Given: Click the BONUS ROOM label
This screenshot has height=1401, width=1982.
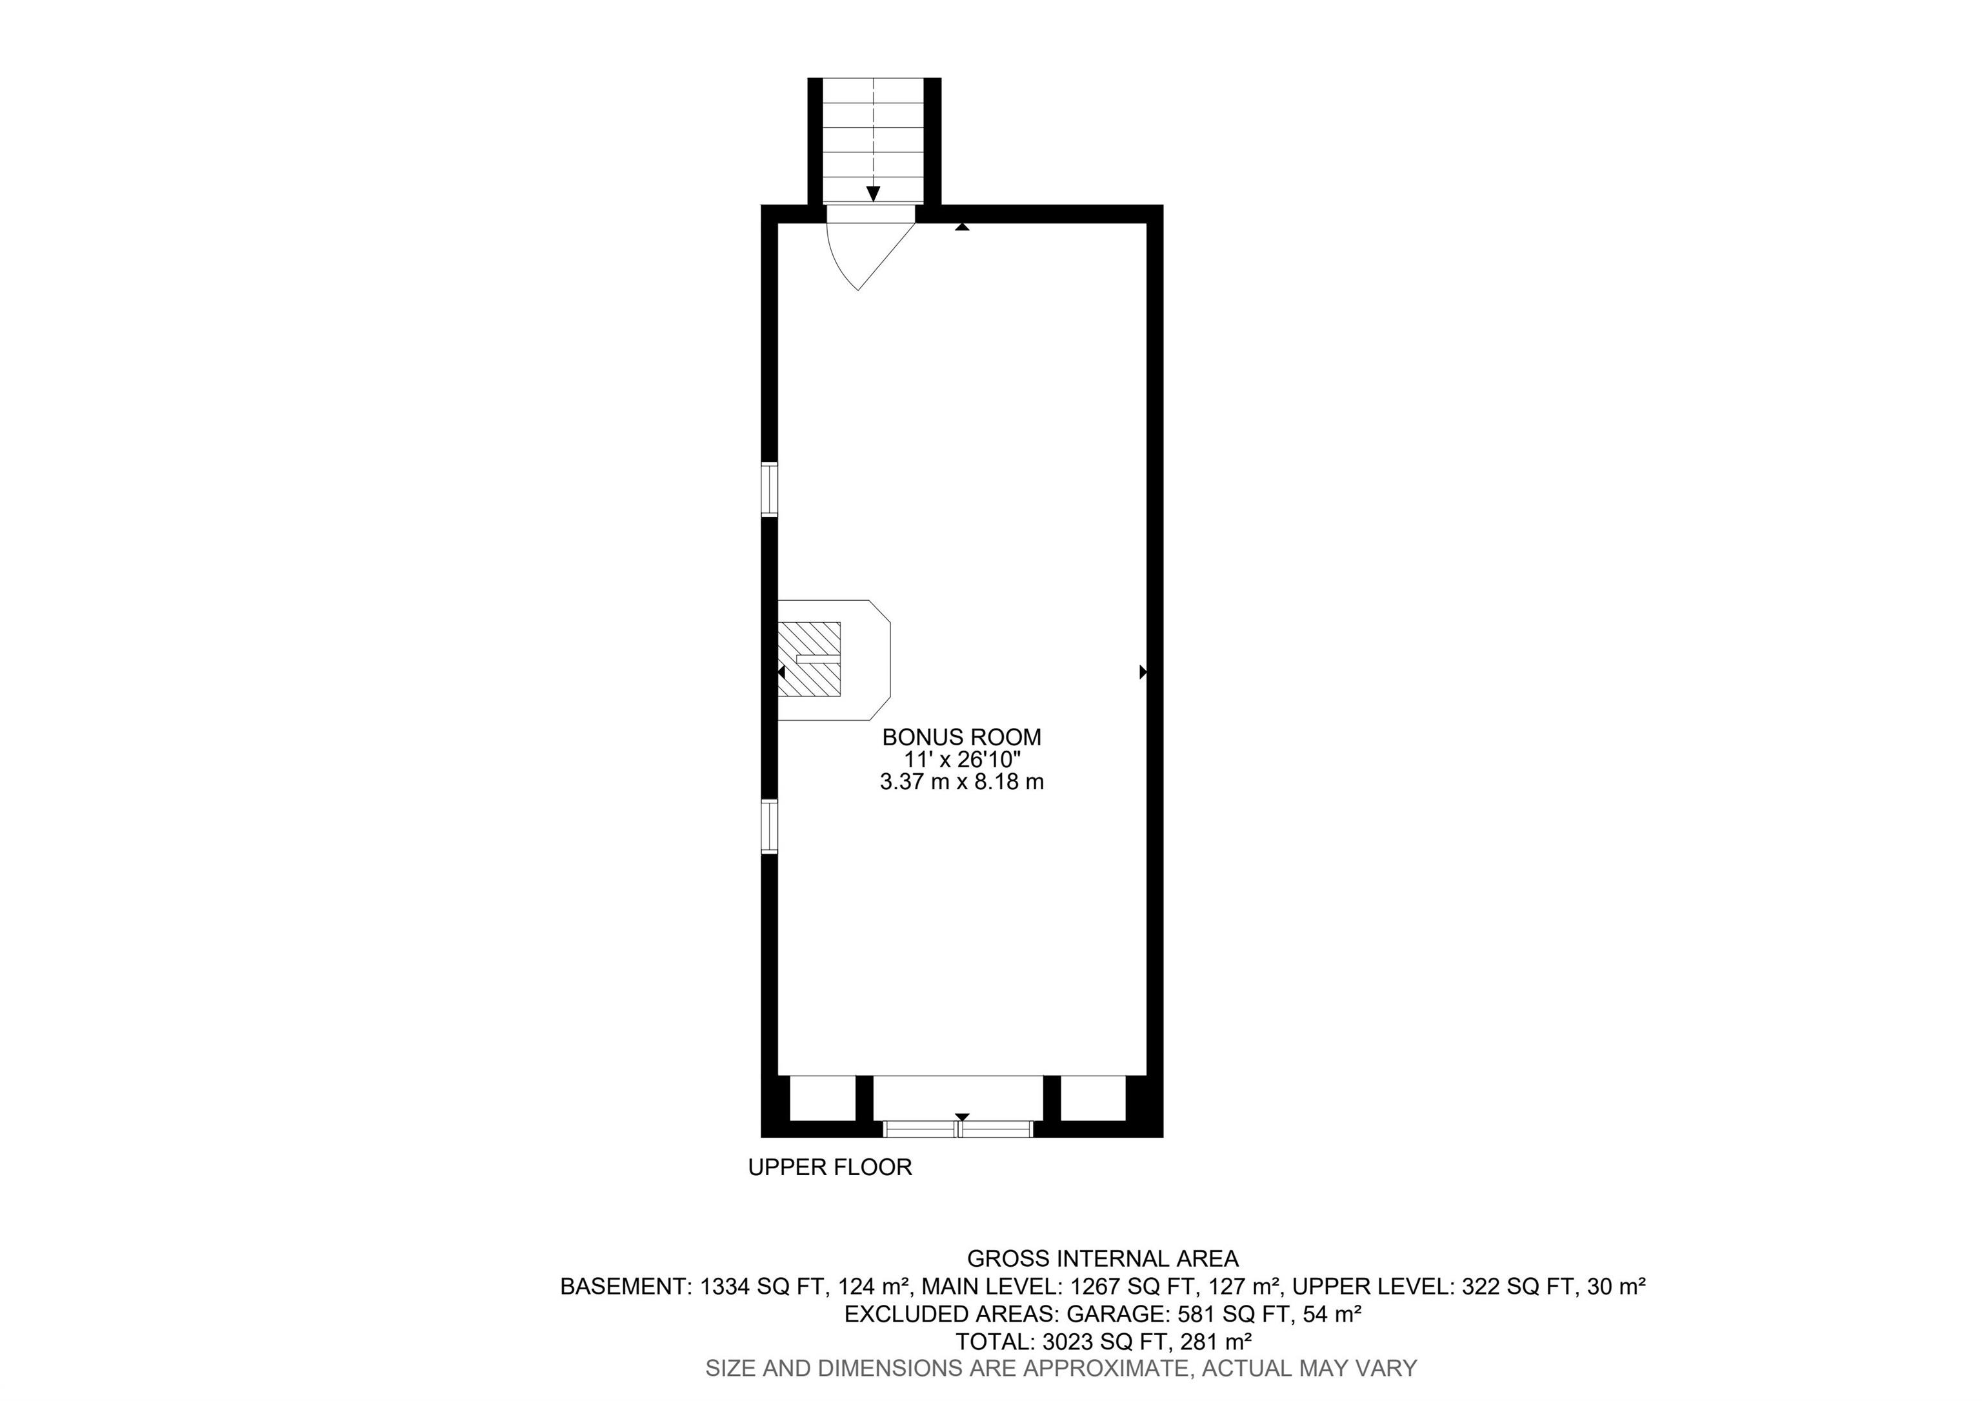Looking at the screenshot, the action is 962,737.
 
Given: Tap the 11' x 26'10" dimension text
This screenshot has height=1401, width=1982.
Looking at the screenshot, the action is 963,760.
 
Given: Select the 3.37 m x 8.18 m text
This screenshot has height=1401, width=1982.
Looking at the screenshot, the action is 962,782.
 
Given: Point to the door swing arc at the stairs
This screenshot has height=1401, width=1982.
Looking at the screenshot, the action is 836,263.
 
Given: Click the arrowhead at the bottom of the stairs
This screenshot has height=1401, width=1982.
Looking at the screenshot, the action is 874,194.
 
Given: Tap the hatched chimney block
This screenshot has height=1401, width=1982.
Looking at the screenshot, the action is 809,659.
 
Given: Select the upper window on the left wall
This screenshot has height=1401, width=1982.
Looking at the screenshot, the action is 769,489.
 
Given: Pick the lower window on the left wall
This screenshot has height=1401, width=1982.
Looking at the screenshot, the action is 769,826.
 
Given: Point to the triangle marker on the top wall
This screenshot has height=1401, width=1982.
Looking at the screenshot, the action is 963,227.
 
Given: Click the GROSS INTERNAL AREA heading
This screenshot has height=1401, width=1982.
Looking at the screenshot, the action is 1103,1258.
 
